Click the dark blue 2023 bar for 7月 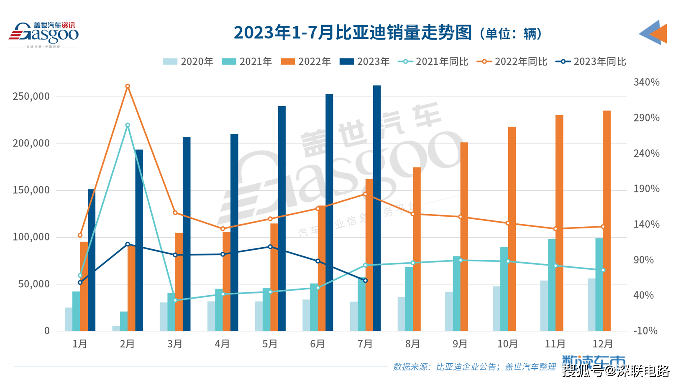point(377,209)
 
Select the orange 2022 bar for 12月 point(607,221)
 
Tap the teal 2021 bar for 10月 point(504,289)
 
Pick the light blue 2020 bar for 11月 point(544,306)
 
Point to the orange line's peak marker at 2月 point(128,86)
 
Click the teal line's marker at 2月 point(128,125)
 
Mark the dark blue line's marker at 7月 point(366,281)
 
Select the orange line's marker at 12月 point(603,227)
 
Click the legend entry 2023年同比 point(591,62)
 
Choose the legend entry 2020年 point(188,62)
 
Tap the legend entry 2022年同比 point(512,62)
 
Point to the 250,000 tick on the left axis point(31,96)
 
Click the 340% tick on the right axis point(646,82)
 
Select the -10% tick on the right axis point(645,331)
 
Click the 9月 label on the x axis point(460,344)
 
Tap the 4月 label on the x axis point(223,344)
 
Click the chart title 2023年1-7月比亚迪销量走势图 point(353,33)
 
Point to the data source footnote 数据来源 point(474,367)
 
